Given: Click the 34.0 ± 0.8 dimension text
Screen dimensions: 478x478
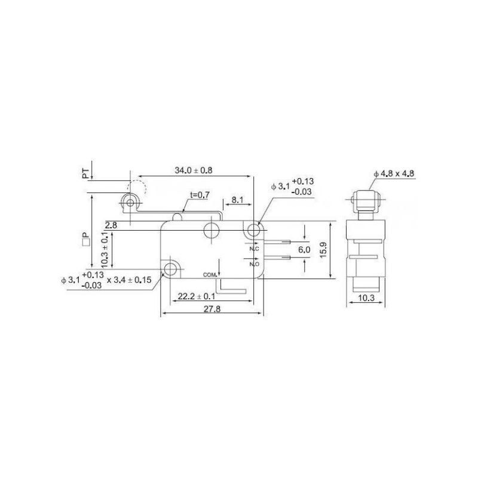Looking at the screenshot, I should [x=193, y=170].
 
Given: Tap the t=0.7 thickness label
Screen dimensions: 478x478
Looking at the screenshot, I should [x=199, y=195].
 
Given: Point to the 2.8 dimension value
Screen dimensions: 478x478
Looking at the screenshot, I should [x=110, y=225].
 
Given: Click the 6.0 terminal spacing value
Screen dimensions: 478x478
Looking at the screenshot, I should [x=304, y=250].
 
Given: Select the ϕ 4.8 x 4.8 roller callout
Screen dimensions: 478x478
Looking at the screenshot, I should [x=394, y=174].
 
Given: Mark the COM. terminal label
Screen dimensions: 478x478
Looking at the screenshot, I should [x=209, y=274].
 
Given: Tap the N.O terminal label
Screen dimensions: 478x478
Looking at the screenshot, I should [x=253, y=263].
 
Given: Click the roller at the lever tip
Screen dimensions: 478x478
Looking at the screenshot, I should [x=130, y=204].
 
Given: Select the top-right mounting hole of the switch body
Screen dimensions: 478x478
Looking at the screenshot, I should [x=254, y=229].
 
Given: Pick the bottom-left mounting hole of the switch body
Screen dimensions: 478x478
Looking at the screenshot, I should [x=171, y=269].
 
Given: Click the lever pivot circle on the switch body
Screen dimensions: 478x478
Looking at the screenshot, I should [x=211, y=229].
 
